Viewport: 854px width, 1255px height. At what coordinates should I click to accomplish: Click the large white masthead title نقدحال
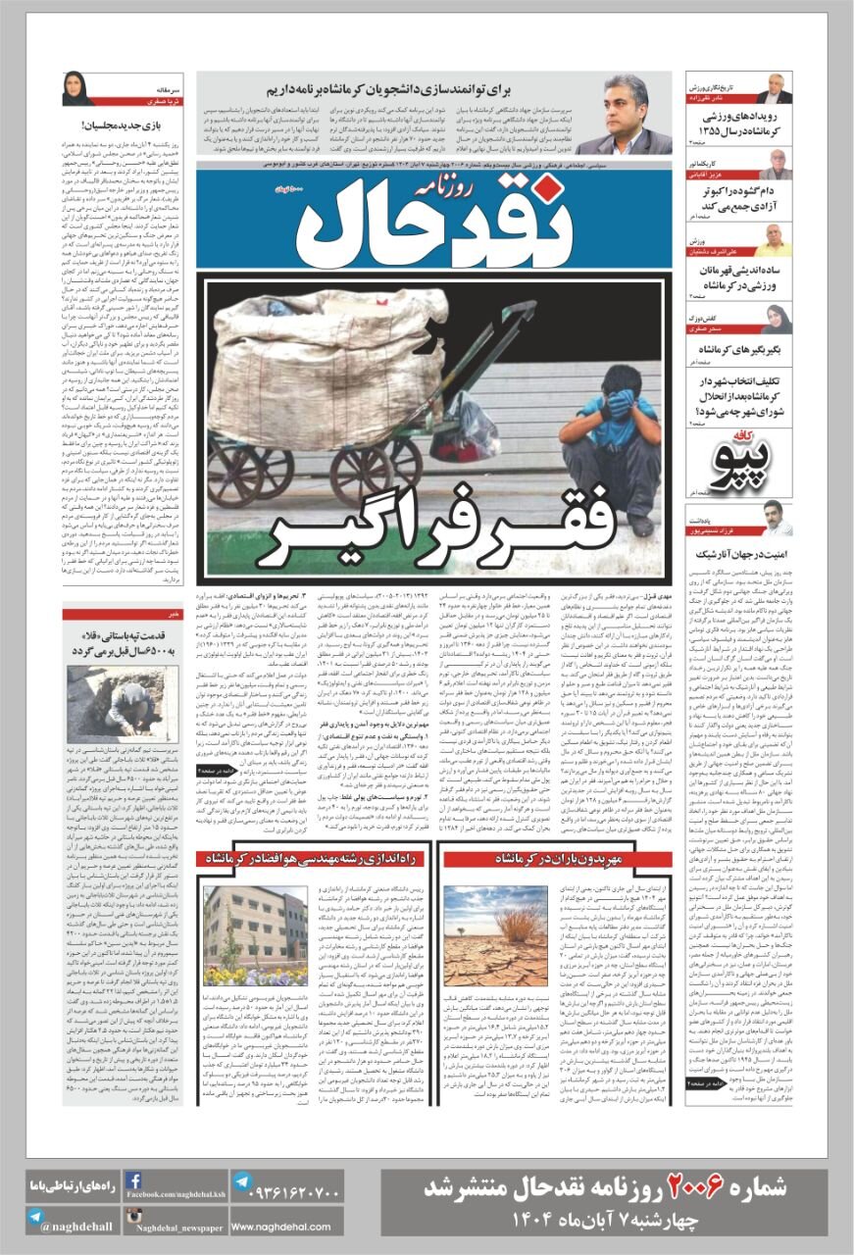tap(431, 222)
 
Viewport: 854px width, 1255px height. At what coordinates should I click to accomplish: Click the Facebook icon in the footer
tap(133, 1182)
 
